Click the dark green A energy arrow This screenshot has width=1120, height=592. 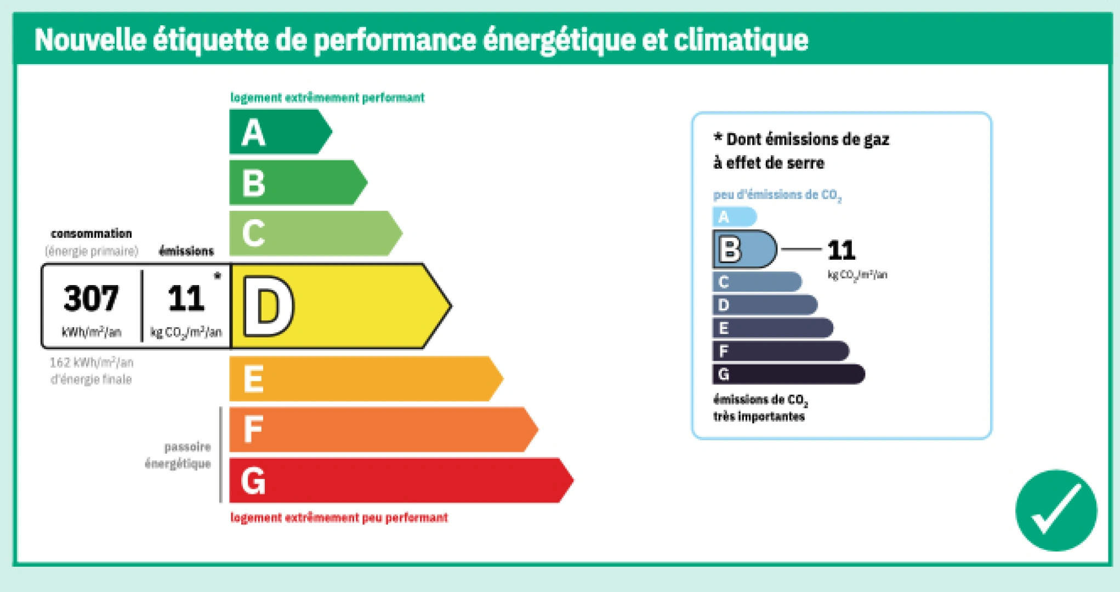point(280,132)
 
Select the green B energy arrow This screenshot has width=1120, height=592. point(298,183)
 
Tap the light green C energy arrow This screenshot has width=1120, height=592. point(315,233)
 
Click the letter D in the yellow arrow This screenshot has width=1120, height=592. point(269,306)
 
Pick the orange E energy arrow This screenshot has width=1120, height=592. point(366,379)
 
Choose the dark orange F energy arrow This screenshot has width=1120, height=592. point(383,429)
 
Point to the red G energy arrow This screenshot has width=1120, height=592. point(401,480)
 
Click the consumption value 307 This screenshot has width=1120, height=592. point(91,298)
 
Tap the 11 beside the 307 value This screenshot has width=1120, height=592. point(186,298)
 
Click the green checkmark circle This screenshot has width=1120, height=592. point(1056,510)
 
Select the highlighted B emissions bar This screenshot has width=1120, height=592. point(744,249)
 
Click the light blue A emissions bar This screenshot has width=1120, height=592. point(735,217)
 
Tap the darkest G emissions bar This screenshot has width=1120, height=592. point(788,374)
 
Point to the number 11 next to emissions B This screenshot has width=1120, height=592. point(842,251)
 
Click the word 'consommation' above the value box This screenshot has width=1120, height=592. point(91,234)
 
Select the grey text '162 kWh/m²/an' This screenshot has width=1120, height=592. point(92,362)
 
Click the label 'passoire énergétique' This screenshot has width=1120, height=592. point(178,455)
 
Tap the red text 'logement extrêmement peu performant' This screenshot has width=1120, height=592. point(339,517)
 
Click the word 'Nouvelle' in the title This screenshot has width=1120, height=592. point(90,39)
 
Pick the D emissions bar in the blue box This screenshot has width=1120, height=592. point(765,305)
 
